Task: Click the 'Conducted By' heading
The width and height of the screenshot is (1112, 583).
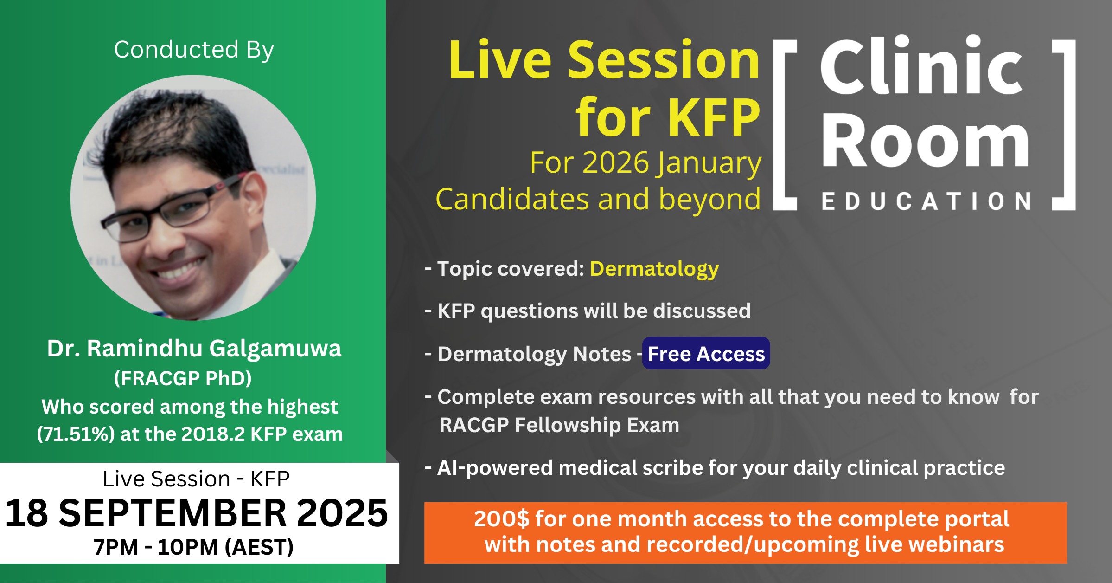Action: point(194,50)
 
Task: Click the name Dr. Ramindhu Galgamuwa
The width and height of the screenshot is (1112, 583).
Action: point(194,349)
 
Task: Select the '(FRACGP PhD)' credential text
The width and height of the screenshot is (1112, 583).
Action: point(183,378)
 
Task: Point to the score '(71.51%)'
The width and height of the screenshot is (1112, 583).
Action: point(76,434)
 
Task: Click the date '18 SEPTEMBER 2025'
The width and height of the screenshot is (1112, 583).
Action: point(197,513)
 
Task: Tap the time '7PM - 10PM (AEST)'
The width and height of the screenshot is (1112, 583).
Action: point(193,547)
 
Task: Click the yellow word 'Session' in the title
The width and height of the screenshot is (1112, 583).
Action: point(664,60)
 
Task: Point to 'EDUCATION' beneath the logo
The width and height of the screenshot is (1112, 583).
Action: point(926,201)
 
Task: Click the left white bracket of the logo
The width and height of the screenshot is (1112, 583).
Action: point(779,125)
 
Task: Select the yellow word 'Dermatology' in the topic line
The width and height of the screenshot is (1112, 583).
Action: point(654,269)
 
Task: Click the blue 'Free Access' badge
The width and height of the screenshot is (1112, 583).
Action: point(706,353)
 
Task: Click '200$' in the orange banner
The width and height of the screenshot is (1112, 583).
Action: point(501,519)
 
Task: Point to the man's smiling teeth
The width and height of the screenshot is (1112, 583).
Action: point(181,269)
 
